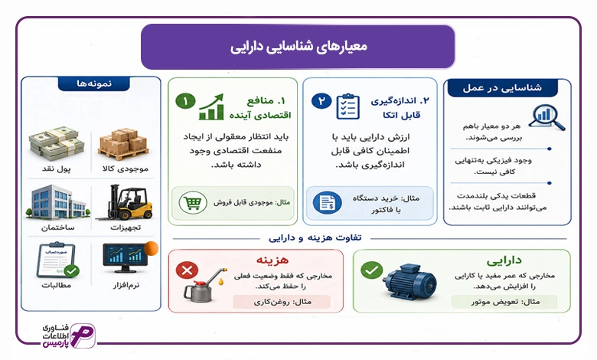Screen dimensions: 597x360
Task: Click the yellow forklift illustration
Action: click(126, 202)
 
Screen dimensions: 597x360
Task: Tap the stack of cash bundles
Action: click(57, 143)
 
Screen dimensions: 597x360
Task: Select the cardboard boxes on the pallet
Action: click(123, 144)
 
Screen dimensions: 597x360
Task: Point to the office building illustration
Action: click(57, 202)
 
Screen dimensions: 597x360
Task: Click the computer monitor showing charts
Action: click(126, 258)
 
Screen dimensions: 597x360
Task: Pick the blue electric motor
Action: click(411, 281)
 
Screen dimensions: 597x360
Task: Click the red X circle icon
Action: click(187, 270)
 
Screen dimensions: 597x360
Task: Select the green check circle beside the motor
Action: click(371, 270)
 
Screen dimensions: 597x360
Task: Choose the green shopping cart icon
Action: click(193, 203)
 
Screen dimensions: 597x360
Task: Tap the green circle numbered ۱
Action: click(185, 101)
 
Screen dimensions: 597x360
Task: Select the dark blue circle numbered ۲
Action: click(321, 101)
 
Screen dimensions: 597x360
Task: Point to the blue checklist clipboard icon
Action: click(348, 106)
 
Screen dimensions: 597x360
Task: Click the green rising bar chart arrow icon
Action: click(211, 107)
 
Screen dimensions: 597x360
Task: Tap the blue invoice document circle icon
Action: click(327, 202)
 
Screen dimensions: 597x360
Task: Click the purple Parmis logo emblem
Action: click(83, 335)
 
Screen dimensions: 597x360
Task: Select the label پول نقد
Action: click(57, 169)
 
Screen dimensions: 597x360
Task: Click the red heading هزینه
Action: click(272, 260)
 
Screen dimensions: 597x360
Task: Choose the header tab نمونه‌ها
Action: click(94, 83)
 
